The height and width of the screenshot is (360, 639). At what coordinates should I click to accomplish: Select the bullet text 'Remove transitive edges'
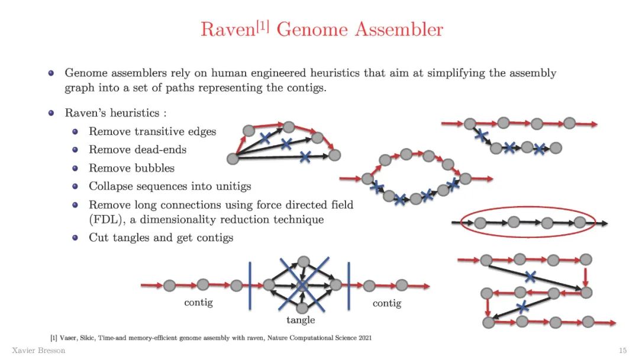(152, 131)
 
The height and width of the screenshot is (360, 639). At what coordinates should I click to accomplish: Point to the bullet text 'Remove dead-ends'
(137, 150)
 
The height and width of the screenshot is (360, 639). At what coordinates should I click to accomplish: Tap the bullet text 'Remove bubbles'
(131, 168)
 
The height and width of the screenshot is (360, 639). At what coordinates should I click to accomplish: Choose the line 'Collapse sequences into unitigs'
(170, 186)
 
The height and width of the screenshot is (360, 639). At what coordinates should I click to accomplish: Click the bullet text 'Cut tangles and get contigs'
(161, 237)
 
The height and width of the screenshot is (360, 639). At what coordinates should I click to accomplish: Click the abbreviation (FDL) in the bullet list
(106, 220)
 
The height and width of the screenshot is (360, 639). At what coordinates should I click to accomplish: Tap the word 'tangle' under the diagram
(301, 320)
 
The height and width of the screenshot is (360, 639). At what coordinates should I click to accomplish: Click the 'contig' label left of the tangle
(198, 303)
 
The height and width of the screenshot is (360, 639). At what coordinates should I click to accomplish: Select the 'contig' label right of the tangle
(387, 303)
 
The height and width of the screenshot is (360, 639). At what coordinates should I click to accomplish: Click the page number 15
(622, 351)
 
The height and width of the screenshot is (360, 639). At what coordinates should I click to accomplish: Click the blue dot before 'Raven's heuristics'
(51, 113)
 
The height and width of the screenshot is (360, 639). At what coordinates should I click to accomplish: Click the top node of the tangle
(304, 261)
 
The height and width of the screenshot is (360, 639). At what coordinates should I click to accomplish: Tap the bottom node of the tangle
(302, 308)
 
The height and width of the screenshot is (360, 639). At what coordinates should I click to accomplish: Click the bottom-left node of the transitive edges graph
(233, 158)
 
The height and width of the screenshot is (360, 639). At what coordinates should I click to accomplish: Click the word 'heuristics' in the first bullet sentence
(307, 73)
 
